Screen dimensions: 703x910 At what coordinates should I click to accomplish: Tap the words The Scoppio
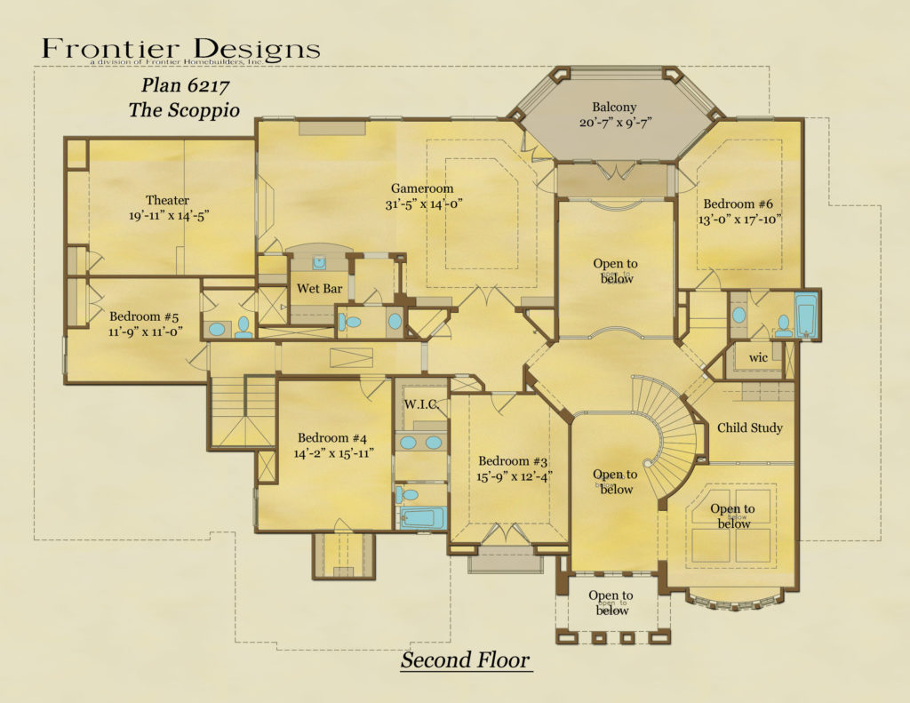click(185, 110)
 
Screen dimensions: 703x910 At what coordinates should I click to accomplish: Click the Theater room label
click(167, 200)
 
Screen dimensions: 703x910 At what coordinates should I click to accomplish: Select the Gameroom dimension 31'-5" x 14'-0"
click(422, 204)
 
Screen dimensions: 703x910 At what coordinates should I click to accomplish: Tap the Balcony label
click(614, 108)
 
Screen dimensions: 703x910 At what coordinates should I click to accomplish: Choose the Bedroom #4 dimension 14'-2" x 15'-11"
click(333, 453)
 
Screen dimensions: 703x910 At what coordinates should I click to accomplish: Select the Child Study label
click(750, 427)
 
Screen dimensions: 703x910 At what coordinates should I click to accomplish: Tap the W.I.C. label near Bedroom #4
click(419, 405)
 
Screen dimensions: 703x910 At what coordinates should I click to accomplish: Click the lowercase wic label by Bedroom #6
click(757, 357)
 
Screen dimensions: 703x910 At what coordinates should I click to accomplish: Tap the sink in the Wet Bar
click(319, 263)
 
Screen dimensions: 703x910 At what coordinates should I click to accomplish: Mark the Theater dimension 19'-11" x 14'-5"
click(167, 215)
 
